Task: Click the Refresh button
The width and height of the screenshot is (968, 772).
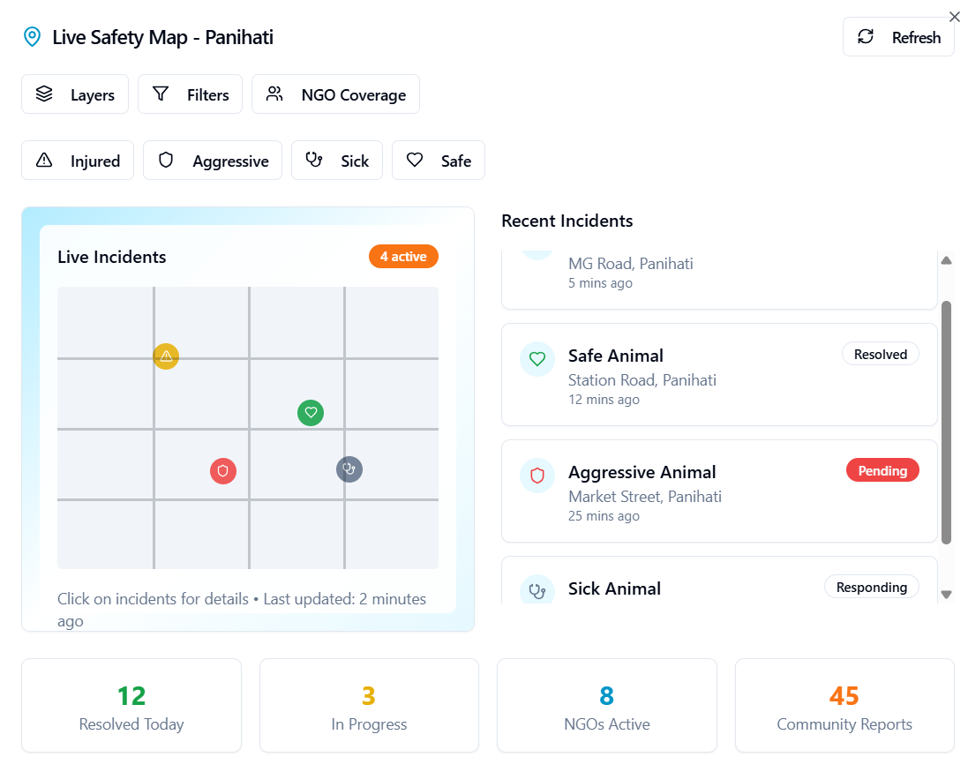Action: pos(898,37)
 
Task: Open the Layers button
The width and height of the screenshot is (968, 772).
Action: pos(75,94)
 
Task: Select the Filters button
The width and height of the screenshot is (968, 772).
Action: pos(190,94)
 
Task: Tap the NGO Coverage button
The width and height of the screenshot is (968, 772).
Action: pos(336,94)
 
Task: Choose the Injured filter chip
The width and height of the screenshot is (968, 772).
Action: pos(78,161)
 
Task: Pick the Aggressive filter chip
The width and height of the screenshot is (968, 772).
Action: pos(213,161)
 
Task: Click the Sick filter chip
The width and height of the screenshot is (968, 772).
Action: pos(337,161)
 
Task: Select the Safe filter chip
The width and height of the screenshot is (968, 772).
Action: pos(439,161)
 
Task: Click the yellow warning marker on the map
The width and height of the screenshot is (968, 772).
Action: pos(166,356)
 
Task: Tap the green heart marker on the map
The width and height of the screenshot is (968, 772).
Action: pos(311,412)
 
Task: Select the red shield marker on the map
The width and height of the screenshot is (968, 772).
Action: pos(223,471)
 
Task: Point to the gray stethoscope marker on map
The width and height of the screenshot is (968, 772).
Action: pos(349,469)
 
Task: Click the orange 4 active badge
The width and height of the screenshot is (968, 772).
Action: pos(404,257)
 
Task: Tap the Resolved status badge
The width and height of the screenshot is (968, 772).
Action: pos(881,354)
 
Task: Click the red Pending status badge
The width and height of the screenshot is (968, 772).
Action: pos(882,470)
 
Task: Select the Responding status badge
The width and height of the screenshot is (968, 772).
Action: pos(872,587)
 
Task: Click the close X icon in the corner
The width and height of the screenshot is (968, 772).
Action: pos(955,17)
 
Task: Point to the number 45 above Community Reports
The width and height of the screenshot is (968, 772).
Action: pos(844,696)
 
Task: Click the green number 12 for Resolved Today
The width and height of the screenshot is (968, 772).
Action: pos(131,696)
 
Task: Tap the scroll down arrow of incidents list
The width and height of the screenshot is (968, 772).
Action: pos(947,595)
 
